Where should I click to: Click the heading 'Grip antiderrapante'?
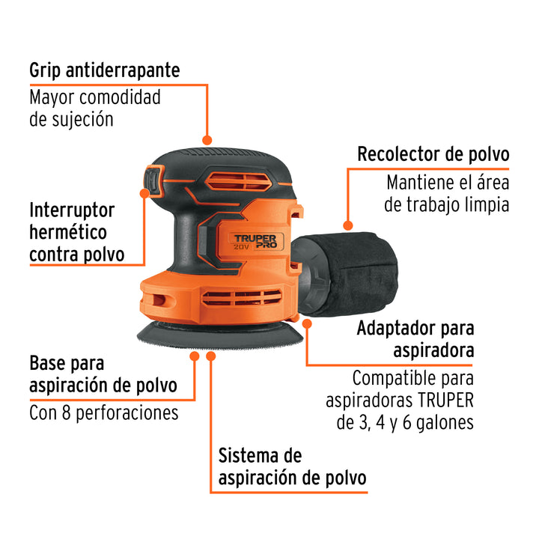[105, 71]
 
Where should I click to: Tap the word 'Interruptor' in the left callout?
[72, 210]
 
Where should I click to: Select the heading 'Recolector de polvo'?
[433, 153]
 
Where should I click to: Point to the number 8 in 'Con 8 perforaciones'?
[67, 412]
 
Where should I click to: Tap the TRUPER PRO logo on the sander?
[256, 241]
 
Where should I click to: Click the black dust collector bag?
[358, 273]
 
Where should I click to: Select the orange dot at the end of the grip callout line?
[207, 140]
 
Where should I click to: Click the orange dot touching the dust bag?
[348, 225]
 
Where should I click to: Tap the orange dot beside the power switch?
[144, 193]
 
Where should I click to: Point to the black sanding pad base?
[220, 335]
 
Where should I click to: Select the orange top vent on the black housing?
[239, 181]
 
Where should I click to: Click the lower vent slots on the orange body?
[242, 298]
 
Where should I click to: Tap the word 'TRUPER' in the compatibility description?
[445, 401]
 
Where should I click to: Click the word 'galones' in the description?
[445, 422]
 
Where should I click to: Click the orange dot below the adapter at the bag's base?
[307, 323]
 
